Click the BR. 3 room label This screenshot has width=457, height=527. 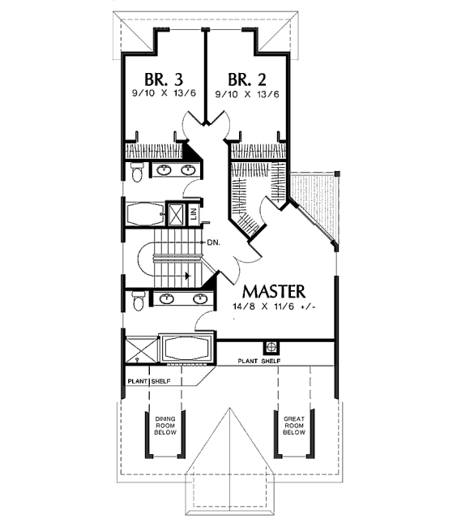point(164,80)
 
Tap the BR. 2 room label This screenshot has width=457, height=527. point(247,80)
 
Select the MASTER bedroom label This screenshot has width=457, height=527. point(274,291)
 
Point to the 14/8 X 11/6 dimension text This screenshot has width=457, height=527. point(274,306)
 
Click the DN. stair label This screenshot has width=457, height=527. point(214,242)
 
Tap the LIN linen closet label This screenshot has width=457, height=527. point(194,213)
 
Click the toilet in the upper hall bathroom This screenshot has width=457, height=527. point(137,172)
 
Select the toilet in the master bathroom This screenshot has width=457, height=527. point(138,301)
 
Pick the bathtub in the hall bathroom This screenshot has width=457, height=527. point(145,214)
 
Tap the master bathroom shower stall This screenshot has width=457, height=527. point(141,350)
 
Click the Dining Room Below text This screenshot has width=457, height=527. point(165,426)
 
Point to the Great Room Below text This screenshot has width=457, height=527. point(294,426)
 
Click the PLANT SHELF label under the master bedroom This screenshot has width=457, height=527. point(259,362)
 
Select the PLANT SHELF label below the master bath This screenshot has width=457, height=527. point(149,382)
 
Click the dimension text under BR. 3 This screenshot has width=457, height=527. point(164,94)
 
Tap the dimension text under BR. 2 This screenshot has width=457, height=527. point(247,94)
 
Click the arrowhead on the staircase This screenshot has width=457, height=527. point(188,276)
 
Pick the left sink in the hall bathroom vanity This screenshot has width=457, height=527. point(164,170)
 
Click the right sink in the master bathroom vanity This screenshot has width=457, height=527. point(200,298)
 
